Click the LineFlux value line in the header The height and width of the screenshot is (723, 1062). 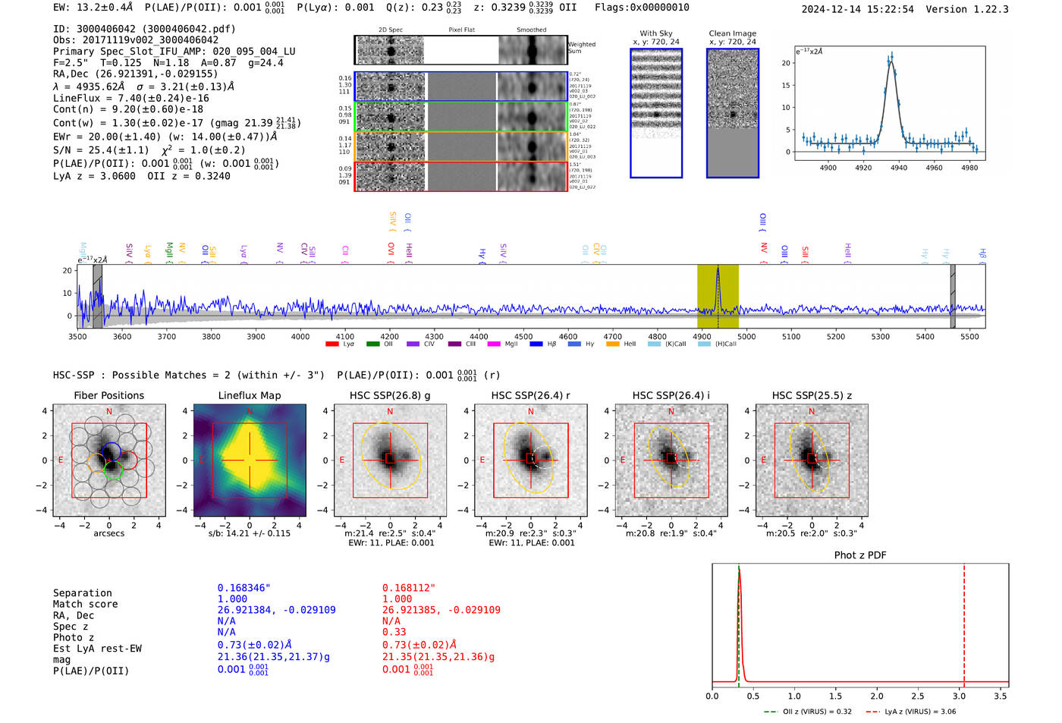coord(131,98)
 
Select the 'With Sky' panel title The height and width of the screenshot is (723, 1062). coord(656,33)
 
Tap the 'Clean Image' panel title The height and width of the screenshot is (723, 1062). coord(732,33)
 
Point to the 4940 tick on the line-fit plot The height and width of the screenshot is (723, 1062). coord(899,167)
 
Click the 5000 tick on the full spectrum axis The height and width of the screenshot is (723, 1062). coord(746,336)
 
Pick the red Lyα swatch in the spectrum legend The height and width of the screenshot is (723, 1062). coord(331,344)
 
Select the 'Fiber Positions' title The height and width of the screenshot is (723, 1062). coord(108,395)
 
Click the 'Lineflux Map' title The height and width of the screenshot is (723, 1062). coord(249,395)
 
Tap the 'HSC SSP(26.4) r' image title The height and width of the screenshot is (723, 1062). coord(530,395)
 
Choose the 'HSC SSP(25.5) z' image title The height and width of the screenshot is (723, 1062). coord(812,395)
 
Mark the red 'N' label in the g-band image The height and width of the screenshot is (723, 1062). coord(390,412)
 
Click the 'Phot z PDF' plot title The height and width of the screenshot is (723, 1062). coord(860,555)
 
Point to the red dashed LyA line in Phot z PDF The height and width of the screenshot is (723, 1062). coord(964,622)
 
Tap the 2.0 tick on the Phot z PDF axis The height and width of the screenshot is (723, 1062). coord(877,696)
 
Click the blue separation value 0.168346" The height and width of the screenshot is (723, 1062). coord(244,588)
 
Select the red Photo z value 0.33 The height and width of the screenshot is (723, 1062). coord(394,632)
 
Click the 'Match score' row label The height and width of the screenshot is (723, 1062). coord(85,604)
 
